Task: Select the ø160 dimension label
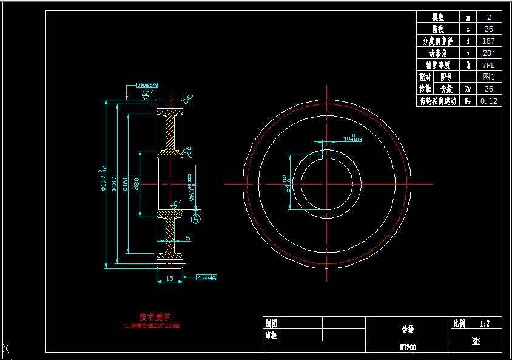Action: (125, 183)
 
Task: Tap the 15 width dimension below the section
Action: (169, 279)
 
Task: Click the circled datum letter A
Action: (195, 219)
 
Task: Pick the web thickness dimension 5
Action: (188, 238)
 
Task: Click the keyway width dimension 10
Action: (352, 138)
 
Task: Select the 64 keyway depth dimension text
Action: (286, 183)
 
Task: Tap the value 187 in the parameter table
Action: (488, 41)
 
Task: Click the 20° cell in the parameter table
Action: (488, 53)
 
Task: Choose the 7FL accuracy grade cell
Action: (488, 65)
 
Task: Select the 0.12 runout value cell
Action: (488, 101)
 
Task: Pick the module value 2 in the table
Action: (488, 18)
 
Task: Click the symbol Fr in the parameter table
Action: (468, 101)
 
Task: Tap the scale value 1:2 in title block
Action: (485, 324)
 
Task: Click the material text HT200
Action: (408, 347)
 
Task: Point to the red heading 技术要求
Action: (155, 316)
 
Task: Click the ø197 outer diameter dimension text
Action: (102, 181)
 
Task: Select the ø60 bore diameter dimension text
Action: (190, 188)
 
